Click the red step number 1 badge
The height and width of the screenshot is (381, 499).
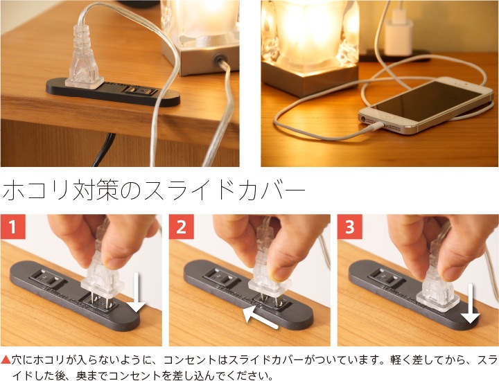pyautogui.click(x=12, y=227)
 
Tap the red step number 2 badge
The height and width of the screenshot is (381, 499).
pyautogui.click(x=181, y=227)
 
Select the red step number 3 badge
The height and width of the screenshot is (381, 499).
pyautogui.click(x=350, y=227)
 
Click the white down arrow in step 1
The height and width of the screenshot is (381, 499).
pyautogui.click(x=137, y=292)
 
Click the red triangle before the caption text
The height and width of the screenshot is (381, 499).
pyautogui.click(x=6, y=360)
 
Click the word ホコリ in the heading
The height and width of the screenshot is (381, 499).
pyautogui.click(x=36, y=190)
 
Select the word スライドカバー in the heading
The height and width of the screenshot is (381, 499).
pyautogui.click(x=224, y=190)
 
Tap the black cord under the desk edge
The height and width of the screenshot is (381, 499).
pyautogui.click(x=104, y=150)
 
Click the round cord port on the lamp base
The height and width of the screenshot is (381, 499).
pyautogui.click(x=219, y=59)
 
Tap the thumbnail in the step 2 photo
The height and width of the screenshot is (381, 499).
pyautogui.click(x=277, y=272)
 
